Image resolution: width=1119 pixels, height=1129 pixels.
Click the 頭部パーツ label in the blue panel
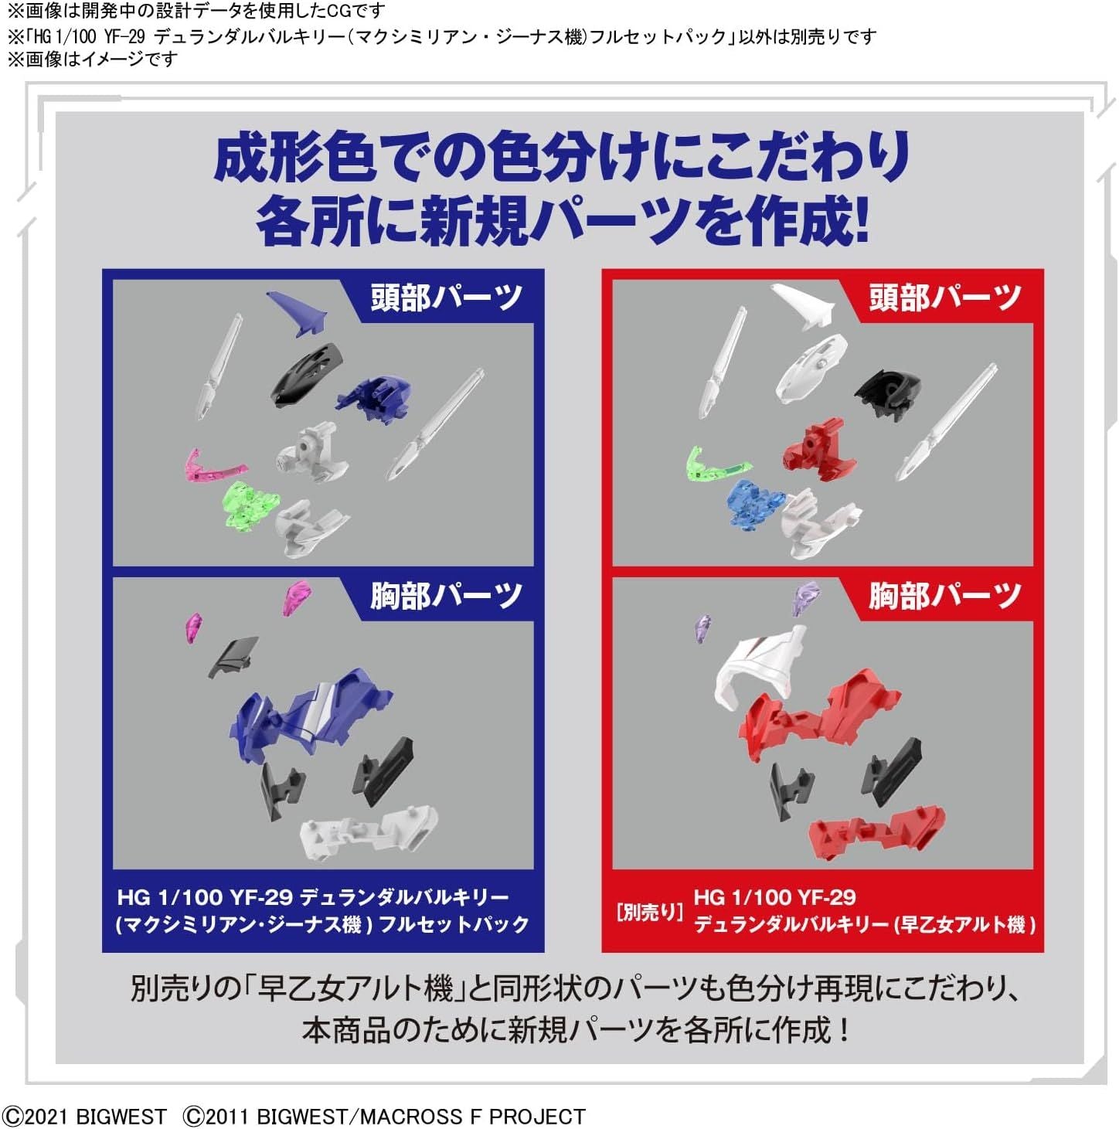pyautogui.click(x=446, y=298)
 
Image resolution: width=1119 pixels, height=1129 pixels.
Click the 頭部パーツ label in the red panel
pyautogui.click(x=944, y=298)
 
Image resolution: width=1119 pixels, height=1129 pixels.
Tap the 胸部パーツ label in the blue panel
pyautogui.click(x=446, y=595)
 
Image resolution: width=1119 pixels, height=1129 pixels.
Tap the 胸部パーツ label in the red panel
pyautogui.click(x=944, y=595)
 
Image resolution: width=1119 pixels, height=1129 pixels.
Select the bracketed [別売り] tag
pyautogui.click(x=649, y=912)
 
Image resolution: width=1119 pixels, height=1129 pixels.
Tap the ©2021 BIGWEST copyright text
pyautogui.click(x=85, y=1117)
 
